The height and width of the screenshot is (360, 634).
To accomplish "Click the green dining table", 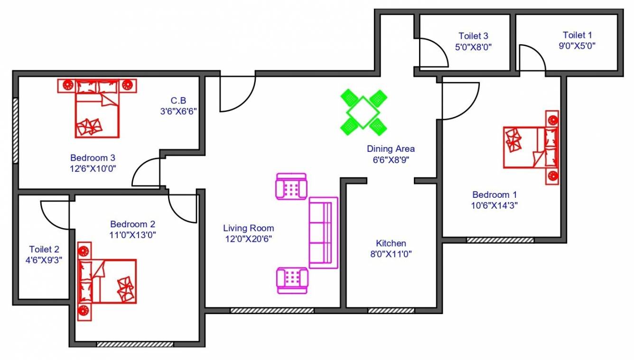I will point(363,112).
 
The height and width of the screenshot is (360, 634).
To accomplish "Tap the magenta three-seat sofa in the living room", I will point(323,232).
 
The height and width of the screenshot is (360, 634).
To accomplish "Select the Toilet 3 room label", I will point(473,36).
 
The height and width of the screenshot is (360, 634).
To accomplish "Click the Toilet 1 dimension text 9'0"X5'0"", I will point(577,46).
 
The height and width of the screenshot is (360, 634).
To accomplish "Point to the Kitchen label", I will point(391,243).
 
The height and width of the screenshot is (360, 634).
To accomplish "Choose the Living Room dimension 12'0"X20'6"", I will point(248,239).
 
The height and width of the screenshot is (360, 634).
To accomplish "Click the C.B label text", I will point(178,101).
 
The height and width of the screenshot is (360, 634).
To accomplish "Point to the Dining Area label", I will point(391,149).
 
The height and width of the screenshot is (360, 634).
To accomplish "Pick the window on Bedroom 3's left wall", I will point(15,130).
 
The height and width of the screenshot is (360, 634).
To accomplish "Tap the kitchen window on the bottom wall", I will point(391,311).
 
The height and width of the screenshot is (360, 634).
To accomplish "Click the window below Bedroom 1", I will point(500,240).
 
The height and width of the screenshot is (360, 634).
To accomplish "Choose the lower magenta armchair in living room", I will point(292,281).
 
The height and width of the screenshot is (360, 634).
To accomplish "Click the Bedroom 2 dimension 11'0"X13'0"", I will point(133,234).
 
